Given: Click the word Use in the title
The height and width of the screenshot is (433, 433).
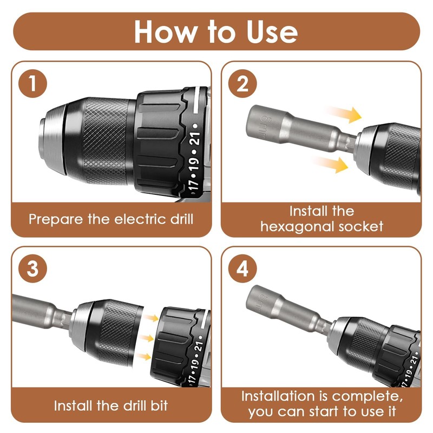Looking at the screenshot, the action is pyautogui.click(x=272, y=32).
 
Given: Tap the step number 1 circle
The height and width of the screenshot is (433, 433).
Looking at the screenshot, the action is pyautogui.click(x=32, y=83).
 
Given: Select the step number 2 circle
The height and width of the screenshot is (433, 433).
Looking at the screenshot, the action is pyautogui.click(x=242, y=83).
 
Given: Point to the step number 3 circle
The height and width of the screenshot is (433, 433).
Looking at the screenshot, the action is pyautogui.click(x=32, y=268).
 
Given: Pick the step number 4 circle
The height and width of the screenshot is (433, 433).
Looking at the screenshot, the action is pyautogui.click(x=242, y=268).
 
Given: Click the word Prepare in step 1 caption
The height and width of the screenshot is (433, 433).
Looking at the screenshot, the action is pyautogui.click(x=56, y=220).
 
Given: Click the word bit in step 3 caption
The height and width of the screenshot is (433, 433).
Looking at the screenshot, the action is pyautogui.click(x=159, y=405).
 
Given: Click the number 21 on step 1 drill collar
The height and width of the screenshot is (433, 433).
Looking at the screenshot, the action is pyautogui.click(x=195, y=139).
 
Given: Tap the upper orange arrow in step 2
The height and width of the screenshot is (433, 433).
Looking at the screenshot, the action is pyautogui.click(x=343, y=114).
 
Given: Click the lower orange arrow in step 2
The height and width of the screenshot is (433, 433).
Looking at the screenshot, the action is pyautogui.click(x=330, y=164).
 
